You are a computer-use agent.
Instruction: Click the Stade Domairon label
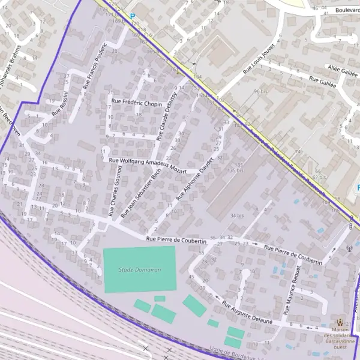pos(140,270)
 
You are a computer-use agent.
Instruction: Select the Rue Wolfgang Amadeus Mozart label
pos(143,164)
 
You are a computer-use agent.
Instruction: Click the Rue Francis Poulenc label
pos(95,65)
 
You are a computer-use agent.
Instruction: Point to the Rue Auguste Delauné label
pos(247,313)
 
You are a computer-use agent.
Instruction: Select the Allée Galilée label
pos(340,69)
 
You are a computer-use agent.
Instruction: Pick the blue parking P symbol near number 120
pos(133,17)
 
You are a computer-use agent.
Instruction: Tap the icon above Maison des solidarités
pos(341,323)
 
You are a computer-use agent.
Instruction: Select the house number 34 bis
pos(237,215)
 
